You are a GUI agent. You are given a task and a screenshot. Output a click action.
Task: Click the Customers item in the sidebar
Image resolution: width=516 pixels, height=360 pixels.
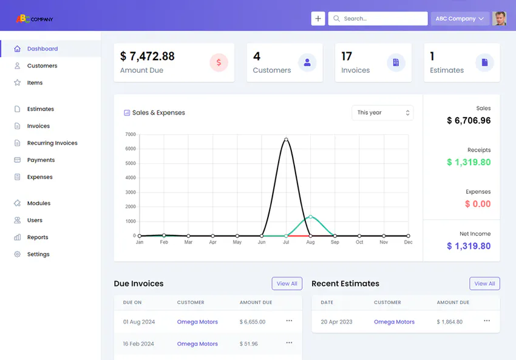42,66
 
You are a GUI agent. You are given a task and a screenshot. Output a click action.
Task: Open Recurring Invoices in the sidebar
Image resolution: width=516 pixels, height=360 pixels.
52,143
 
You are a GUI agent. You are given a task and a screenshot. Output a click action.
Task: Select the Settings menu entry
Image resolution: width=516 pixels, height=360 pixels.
38,254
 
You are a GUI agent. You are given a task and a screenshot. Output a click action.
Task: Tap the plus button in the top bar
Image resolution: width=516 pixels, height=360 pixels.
318,19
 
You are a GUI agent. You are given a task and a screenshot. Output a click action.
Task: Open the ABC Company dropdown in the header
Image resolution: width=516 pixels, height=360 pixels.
460,19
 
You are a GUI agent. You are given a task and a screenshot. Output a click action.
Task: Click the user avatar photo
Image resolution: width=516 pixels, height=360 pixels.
500,18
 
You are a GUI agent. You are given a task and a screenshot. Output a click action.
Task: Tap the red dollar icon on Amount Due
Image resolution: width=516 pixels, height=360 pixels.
219,62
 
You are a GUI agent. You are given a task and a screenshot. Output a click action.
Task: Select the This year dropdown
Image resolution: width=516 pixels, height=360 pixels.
382,113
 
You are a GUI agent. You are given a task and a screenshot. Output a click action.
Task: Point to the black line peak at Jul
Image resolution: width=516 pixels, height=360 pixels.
286,140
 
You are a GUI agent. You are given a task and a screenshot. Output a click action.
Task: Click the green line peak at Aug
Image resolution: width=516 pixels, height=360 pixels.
310,217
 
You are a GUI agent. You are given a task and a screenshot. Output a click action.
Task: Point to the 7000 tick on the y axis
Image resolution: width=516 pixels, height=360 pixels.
131,134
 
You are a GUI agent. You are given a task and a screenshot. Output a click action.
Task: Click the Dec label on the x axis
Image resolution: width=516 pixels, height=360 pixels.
408,242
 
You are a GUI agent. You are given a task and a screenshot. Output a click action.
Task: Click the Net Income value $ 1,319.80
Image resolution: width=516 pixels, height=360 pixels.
469,246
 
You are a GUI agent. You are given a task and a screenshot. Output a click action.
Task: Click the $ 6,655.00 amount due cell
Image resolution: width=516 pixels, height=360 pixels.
253,322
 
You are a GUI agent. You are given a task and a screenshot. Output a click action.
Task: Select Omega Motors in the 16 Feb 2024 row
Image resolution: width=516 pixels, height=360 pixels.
197,344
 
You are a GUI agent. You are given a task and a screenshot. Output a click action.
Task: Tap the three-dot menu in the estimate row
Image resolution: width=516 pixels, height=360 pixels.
487,321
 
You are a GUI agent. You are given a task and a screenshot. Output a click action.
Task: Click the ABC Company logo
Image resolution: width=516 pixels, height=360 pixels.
35,19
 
